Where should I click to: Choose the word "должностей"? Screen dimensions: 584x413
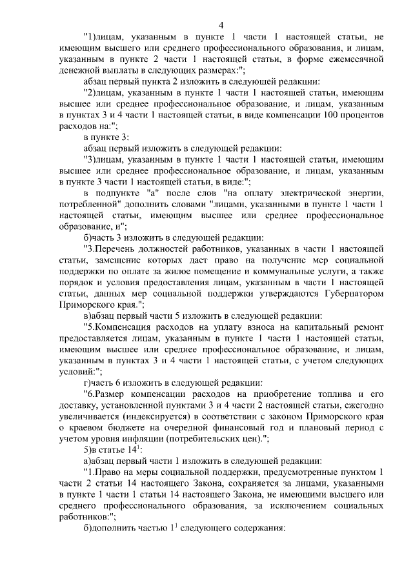click(x=181, y=249)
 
